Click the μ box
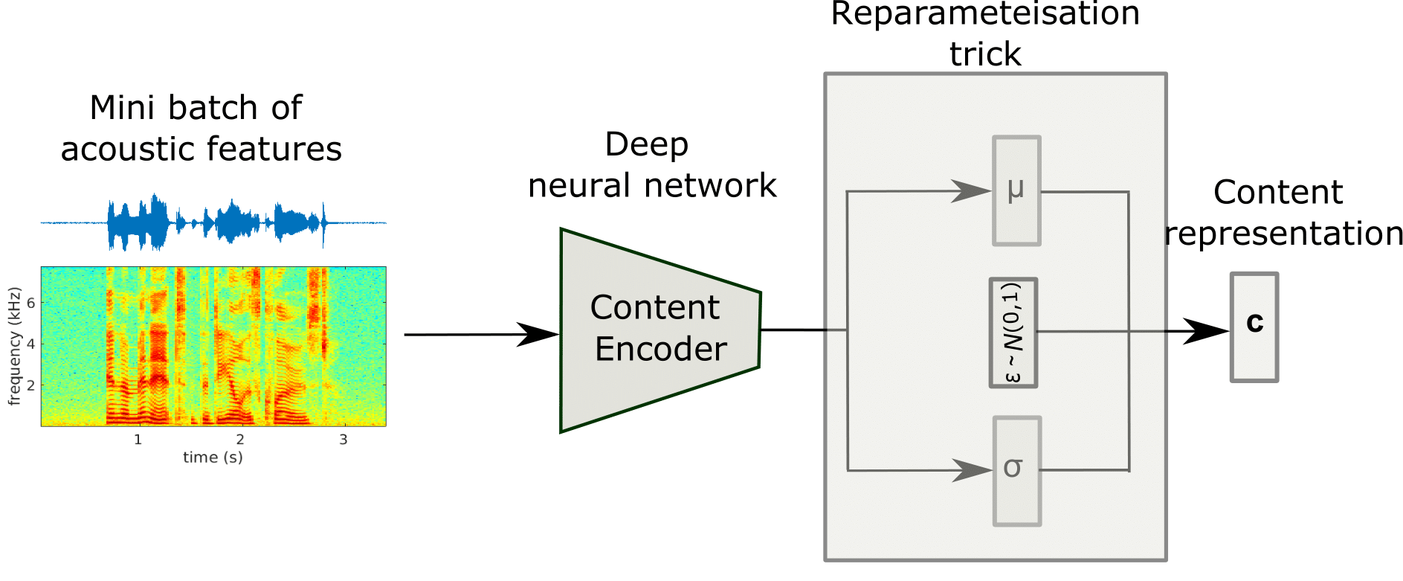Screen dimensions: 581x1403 pos(1016,190)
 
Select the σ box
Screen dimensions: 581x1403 pos(1016,470)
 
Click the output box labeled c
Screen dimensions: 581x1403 pos(1254,327)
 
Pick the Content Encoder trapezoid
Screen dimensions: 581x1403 pos(659,330)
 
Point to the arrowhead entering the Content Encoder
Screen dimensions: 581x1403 pos(538,335)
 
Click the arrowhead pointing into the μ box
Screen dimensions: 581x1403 pos(971,191)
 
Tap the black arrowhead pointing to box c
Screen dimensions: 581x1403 pos(1204,331)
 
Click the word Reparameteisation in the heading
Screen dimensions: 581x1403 pos(984,13)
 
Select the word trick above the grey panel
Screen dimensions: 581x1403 pos(985,54)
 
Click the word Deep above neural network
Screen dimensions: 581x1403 pos(646,144)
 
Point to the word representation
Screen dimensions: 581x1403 pos(1283,234)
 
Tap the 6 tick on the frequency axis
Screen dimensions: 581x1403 pos(30,303)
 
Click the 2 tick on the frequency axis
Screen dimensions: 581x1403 pos(30,385)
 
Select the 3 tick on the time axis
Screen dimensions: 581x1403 pos(343,440)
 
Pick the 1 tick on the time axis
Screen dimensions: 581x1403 pos(138,440)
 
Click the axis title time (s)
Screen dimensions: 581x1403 pos(213,458)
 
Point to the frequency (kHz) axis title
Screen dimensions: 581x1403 pos(13,347)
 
